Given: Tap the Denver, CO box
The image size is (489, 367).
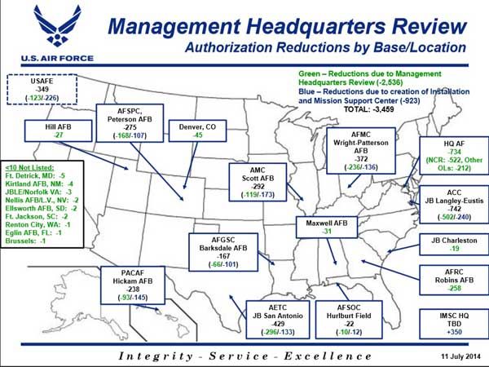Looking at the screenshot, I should point(197,130).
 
